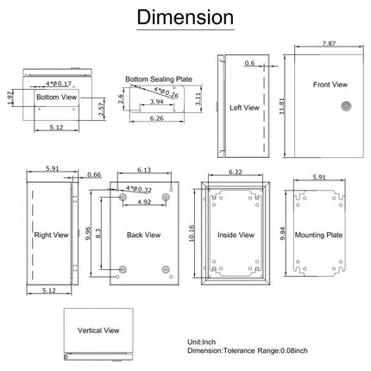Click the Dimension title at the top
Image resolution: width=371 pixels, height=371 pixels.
pos(186,18)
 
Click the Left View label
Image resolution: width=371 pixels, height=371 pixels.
pos(246,108)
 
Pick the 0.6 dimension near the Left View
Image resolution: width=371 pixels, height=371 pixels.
pos(249,63)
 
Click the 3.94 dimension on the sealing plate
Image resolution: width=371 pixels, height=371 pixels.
pos(156,102)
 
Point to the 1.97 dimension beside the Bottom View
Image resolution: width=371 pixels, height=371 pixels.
pos(9,97)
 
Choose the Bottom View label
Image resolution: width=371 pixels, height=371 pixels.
pos(55,98)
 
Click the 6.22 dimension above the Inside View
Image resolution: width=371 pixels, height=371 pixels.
pos(234,173)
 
